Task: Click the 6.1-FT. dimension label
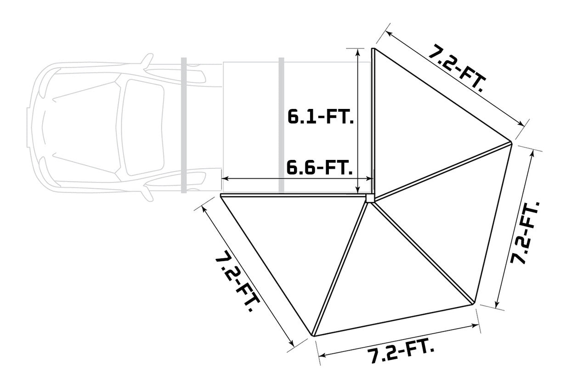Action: coord(320,117)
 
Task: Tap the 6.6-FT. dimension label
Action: coord(320,167)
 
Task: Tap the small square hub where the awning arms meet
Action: coord(370,198)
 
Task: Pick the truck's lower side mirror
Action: coord(147,191)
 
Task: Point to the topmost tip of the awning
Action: coord(373,48)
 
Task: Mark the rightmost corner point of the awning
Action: coord(511,142)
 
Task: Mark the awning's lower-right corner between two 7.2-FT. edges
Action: coord(473,303)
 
